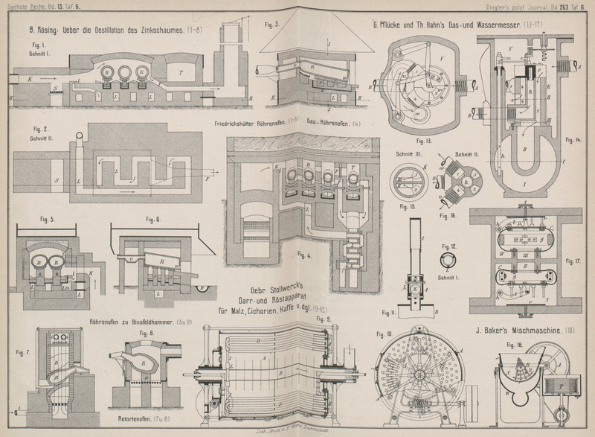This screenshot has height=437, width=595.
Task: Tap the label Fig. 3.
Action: (x=269, y=25)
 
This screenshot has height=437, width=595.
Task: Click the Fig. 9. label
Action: (x=324, y=319)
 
